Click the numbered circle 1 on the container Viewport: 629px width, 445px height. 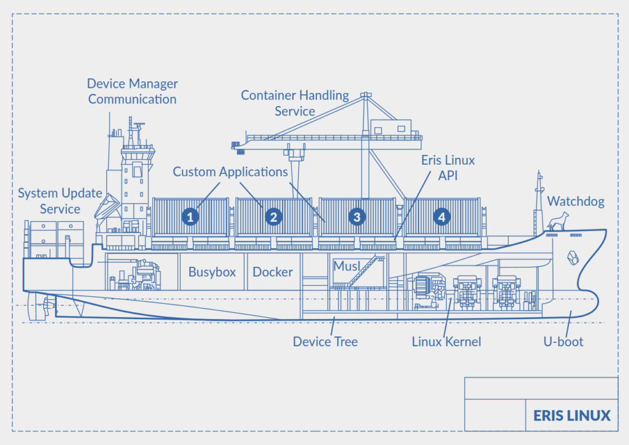190,217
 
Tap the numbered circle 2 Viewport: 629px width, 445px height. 273,217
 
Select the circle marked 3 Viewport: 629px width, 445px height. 357,217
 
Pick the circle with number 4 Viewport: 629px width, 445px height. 442,217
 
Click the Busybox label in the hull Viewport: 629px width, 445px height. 212,272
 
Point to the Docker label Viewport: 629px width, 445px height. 273,272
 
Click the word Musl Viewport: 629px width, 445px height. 346,266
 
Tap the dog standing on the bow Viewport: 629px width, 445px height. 558,221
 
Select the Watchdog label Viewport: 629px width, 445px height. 576,201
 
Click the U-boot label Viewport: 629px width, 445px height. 563,342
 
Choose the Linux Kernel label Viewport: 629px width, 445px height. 447,342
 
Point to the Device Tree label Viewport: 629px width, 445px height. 326,342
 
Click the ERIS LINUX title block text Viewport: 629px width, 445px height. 572,415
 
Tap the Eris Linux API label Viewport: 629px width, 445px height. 448,168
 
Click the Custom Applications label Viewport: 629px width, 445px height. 230,171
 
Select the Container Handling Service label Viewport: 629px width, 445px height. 295,103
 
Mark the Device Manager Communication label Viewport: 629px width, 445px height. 133,91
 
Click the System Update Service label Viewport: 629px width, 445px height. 60,200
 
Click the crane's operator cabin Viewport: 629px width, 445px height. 391,127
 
